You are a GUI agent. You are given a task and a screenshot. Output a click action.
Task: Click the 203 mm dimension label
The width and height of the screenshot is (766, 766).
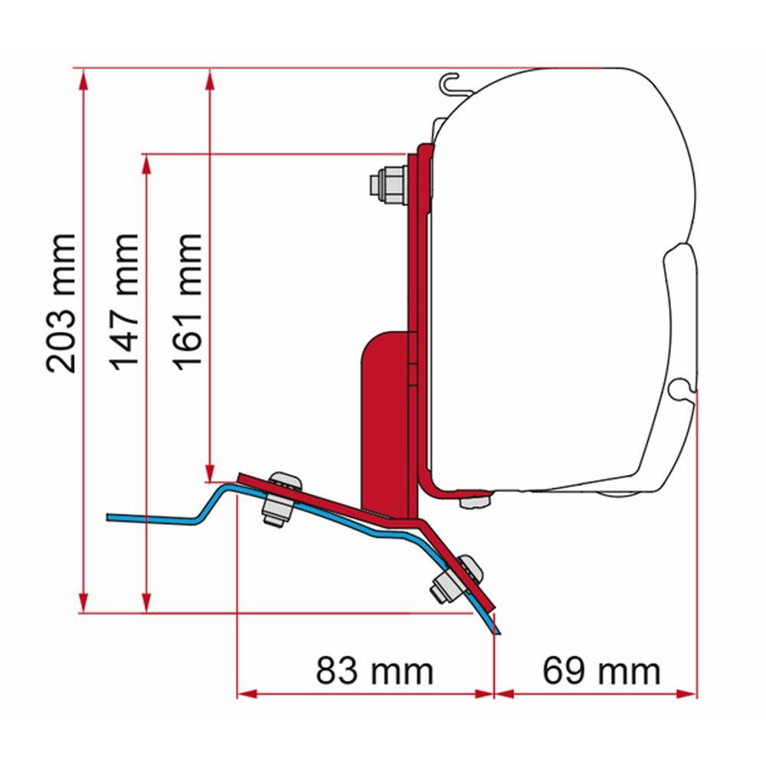(x=61, y=303)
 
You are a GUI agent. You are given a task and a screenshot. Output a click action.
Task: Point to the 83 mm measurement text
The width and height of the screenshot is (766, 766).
(x=375, y=671)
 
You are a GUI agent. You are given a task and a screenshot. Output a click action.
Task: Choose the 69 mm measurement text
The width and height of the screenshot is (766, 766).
(x=601, y=671)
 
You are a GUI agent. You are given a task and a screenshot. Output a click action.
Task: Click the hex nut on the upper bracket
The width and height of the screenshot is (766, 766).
(x=387, y=184)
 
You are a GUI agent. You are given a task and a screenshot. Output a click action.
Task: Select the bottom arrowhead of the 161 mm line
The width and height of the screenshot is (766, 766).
(x=210, y=474)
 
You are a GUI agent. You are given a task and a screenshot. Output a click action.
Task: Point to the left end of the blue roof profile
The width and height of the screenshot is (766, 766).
(x=110, y=517)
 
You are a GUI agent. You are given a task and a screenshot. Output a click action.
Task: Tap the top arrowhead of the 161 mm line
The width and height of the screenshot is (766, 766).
(x=210, y=77)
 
